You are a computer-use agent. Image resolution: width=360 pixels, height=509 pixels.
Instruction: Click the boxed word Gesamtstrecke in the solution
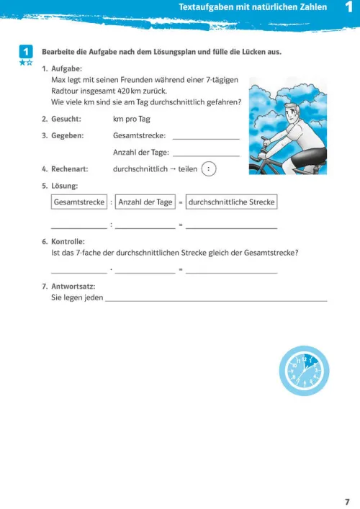point(79,202)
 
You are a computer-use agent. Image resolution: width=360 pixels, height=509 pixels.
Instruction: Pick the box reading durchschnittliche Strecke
point(232,202)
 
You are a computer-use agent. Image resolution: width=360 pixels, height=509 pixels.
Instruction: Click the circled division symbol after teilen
point(208,169)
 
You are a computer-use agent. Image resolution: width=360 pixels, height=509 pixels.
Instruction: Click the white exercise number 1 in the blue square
point(25,52)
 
